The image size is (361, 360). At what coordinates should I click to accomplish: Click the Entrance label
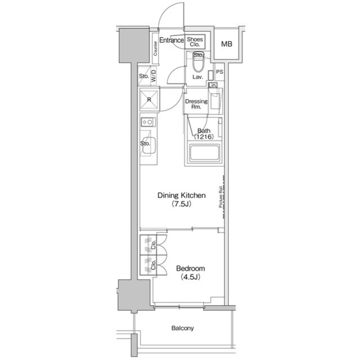[x=171, y=41]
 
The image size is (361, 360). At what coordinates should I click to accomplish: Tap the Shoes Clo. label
[x=195, y=42]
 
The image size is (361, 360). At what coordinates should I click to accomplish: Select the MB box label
[x=227, y=44]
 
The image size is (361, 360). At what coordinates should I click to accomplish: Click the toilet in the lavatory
[x=198, y=58]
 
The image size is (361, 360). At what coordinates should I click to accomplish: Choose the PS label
[x=219, y=72]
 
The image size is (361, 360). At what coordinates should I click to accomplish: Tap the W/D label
[x=153, y=76]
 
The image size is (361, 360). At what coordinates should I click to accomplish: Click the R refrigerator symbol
[x=149, y=100]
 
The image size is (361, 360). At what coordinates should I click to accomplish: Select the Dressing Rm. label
[x=196, y=104]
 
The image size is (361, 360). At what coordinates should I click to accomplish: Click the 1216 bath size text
[x=203, y=137]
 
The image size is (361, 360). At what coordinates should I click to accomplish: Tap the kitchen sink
[x=148, y=143]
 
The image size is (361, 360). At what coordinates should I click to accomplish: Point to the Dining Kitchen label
[x=181, y=195]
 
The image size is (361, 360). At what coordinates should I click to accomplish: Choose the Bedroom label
[x=191, y=269]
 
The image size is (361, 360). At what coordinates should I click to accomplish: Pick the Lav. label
[x=197, y=77]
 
